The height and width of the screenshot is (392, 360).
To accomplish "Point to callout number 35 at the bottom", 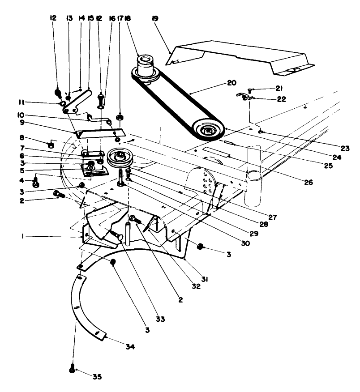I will (97, 376).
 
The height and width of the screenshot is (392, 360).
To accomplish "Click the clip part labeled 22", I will (245, 97).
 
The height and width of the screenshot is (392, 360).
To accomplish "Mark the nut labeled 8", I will (51, 145).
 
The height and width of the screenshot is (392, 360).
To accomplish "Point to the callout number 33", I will (160, 319).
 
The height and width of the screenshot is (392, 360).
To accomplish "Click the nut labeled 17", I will (120, 118).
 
